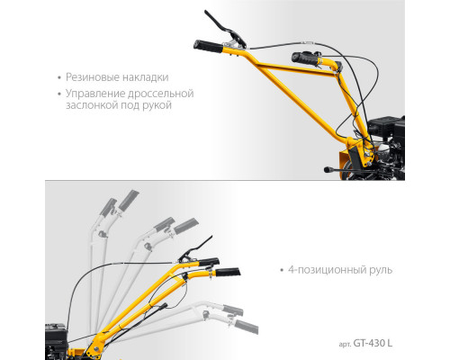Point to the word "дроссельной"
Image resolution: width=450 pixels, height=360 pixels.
tap(161, 94)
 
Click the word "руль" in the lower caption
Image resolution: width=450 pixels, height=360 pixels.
tap(381, 270)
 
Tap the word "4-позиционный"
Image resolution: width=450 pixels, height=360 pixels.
tap(328, 270)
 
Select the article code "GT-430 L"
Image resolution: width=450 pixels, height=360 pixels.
tap(373, 343)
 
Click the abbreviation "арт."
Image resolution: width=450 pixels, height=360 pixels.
tap(345, 345)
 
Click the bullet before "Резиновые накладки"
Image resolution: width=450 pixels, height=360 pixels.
tap(59, 78)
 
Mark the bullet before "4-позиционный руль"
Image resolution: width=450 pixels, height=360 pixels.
tap(282, 270)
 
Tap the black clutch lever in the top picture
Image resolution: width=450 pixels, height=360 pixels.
tap(226, 29)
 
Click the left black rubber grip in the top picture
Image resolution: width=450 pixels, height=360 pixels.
tap(209, 47)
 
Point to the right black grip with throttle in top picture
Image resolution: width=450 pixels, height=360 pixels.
tap(306, 58)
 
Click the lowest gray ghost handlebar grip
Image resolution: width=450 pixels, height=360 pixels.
tap(247, 327)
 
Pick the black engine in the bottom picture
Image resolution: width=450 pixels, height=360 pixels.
tap(56, 341)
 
